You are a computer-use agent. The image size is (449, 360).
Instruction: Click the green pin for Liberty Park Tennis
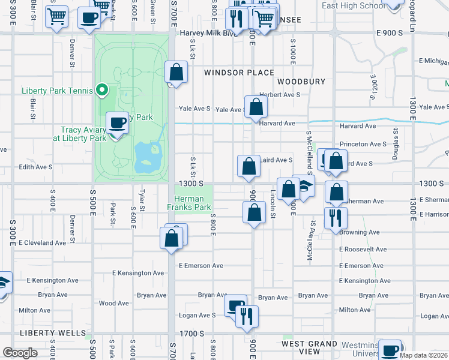click(102, 91)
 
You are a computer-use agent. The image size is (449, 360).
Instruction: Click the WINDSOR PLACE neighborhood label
click(231, 73)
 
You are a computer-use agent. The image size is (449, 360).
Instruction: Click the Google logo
click(20, 352)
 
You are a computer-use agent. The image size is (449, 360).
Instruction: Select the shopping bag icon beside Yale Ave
click(256, 107)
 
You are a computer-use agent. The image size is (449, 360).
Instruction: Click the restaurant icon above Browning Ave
click(335, 217)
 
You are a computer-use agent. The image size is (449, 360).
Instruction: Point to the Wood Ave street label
click(113, 304)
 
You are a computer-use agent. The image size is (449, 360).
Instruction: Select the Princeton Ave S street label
click(363, 144)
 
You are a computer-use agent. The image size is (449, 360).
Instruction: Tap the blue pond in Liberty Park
click(148, 156)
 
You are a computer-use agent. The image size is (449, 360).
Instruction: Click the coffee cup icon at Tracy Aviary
click(117, 123)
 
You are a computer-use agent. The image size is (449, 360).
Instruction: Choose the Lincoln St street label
click(273, 196)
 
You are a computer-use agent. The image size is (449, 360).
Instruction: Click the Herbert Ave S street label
click(279, 95)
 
